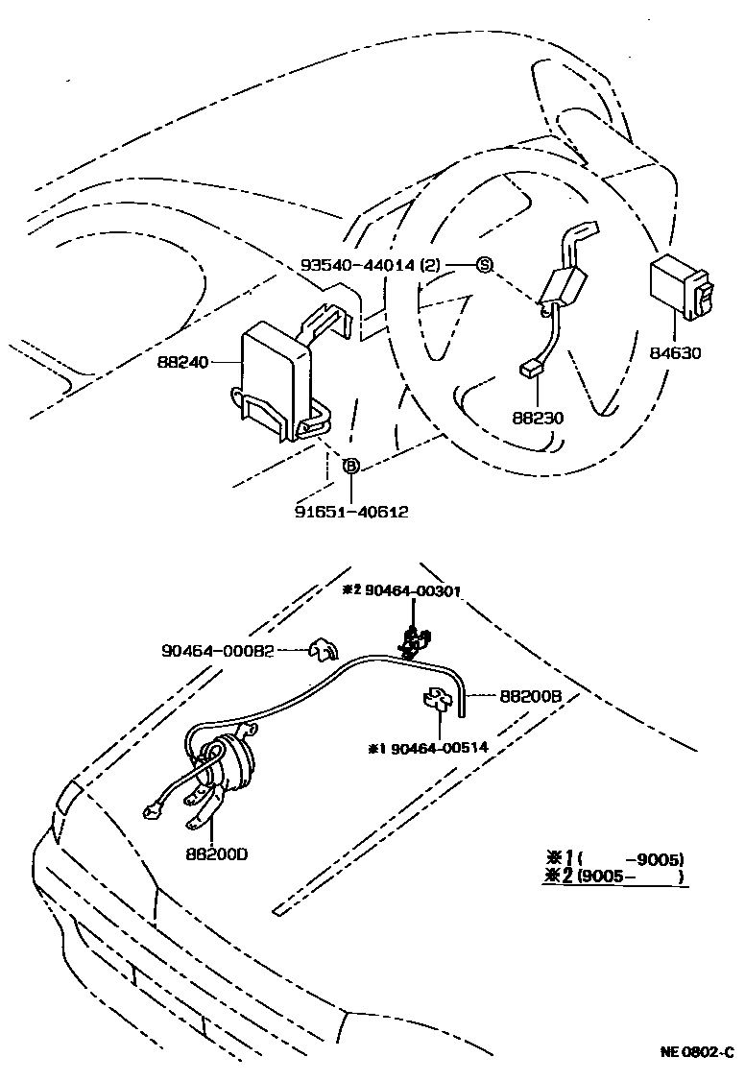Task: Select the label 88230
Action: pos(537,418)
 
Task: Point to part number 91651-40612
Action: pos(351,512)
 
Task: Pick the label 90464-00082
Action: pos(218,650)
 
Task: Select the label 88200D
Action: pos(217,852)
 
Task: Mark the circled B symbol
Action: pos(351,466)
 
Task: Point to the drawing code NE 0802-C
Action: pos(696,1052)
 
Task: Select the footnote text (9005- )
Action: pos(635,877)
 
